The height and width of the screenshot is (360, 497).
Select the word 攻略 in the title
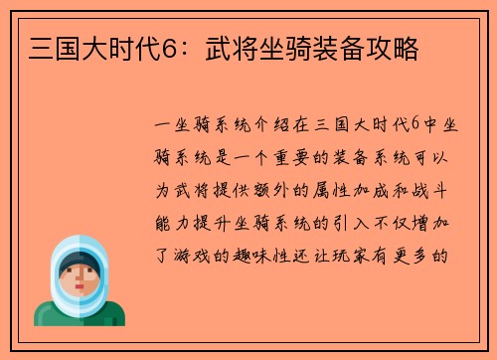click(x=397, y=47)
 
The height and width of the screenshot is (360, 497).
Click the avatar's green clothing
click(x=80, y=314)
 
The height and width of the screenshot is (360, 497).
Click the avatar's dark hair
click(x=79, y=261)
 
